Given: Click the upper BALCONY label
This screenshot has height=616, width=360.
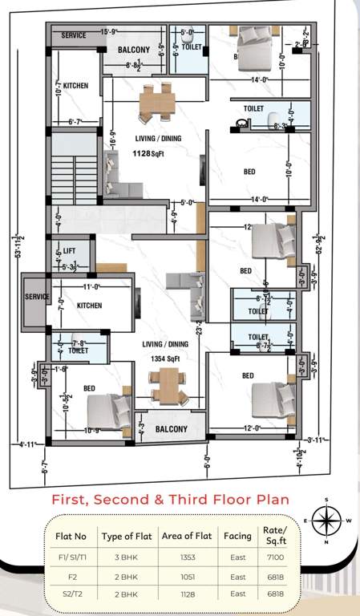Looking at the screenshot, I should click(133, 50).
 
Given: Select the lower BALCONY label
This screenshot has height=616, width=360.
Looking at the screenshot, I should click(171, 429).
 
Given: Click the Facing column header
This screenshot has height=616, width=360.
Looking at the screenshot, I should click(238, 536).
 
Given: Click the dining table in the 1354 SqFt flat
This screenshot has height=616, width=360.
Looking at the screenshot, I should click(169, 386).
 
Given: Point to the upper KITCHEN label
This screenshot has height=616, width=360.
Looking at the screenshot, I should click(75, 85).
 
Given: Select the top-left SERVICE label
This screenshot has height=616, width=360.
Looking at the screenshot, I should click(74, 36).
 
